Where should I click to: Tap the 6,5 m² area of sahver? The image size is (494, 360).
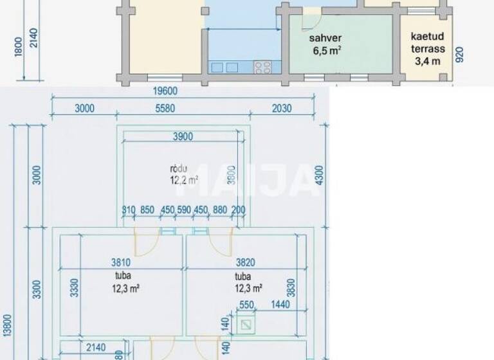pos(325,50)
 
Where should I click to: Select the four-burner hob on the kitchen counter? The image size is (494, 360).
pos(262,66)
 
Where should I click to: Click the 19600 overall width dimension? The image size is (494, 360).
pos(165,91)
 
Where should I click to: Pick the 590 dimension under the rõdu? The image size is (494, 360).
pos(185,210)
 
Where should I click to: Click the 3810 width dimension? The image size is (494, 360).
pos(122,262)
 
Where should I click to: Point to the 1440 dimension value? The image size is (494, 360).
pos(280,305)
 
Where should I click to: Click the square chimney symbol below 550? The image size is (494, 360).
pos(245,327)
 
